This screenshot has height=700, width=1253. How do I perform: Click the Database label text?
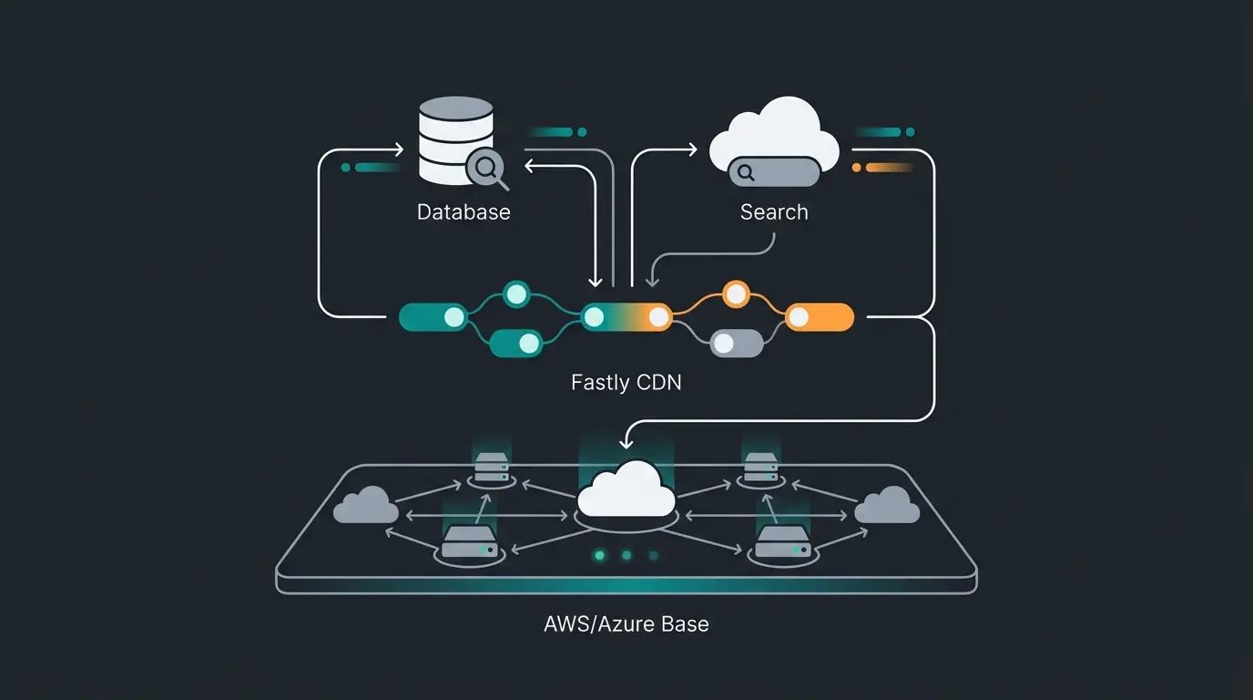coord(464,212)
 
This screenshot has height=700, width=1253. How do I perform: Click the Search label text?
coord(774,212)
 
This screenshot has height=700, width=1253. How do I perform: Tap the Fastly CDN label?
coord(626,382)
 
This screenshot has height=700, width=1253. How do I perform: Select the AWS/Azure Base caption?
coord(626,624)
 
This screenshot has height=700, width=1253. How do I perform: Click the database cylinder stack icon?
coord(455,140)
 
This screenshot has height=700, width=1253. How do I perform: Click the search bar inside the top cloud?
coord(774,170)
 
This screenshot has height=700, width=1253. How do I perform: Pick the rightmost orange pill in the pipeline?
coord(819,317)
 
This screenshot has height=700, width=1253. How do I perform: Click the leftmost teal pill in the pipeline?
coord(433,317)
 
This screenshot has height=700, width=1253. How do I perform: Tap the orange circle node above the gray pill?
coord(735,293)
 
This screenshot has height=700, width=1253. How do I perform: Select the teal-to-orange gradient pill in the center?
coord(626,317)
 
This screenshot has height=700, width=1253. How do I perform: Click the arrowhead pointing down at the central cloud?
coord(626,443)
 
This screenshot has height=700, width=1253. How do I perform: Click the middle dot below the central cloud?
coord(626,554)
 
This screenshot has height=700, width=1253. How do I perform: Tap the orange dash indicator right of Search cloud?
coord(884,168)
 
